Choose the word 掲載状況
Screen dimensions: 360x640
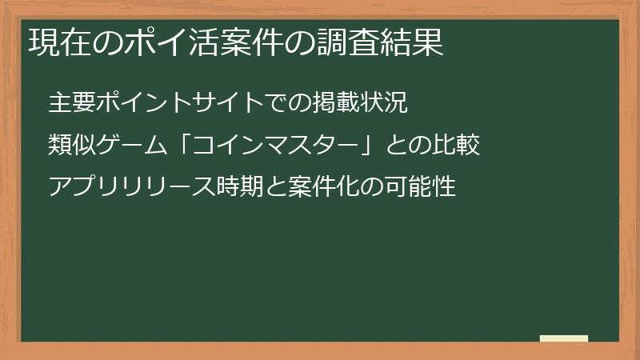[x=362, y=102]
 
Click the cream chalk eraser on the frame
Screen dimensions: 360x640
[x=563, y=338]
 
